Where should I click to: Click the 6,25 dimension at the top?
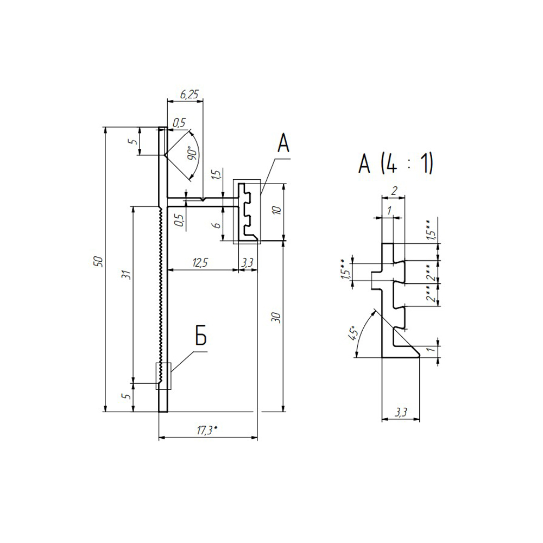click(x=189, y=94)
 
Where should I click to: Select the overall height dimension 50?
click(x=99, y=261)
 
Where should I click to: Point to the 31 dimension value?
click(x=128, y=275)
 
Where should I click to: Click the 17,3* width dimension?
click(x=207, y=430)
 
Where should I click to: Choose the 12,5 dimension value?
click(x=200, y=263)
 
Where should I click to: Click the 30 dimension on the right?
click(x=277, y=318)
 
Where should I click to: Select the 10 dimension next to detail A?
click(x=277, y=210)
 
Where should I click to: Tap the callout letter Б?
click(x=201, y=336)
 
